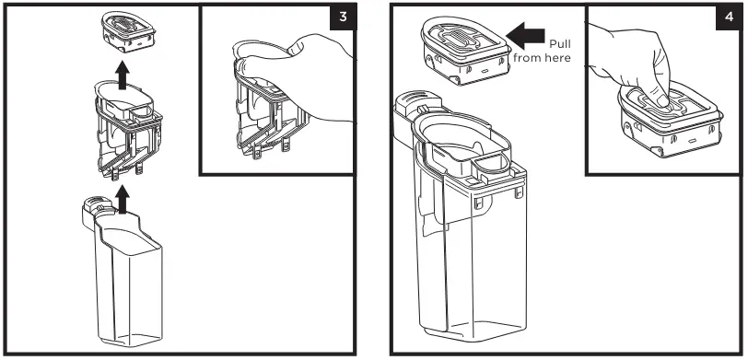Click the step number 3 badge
click(343, 17)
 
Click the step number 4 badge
click(729, 17)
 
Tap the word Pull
click(559, 44)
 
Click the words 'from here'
click(542, 58)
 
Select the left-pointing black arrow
click(525, 35)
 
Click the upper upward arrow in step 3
click(123, 75)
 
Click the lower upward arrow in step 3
click(123, 199)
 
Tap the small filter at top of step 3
click(128, 31)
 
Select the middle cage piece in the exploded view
click(128, 130)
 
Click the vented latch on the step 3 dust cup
click(96, 206)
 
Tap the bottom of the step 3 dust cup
click(128, 340)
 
